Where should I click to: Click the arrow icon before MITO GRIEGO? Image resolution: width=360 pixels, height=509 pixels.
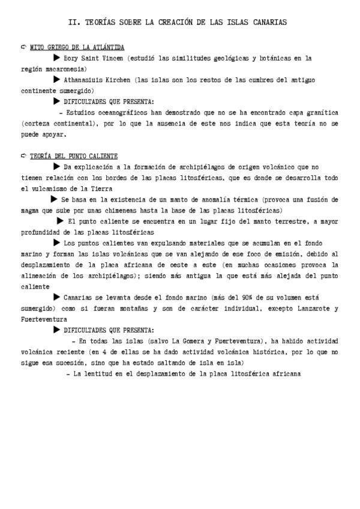click(x=24, y=46)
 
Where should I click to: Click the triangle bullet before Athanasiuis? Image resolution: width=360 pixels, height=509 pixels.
click(x=57, y=79)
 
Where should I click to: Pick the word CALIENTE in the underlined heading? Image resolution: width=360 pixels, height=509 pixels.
click(x=102, y=156)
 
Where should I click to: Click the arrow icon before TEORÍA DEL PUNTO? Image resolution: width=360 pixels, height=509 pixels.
click(x=24, y=155)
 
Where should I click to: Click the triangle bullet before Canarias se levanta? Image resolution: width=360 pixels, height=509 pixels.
click(x=57, y=297)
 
